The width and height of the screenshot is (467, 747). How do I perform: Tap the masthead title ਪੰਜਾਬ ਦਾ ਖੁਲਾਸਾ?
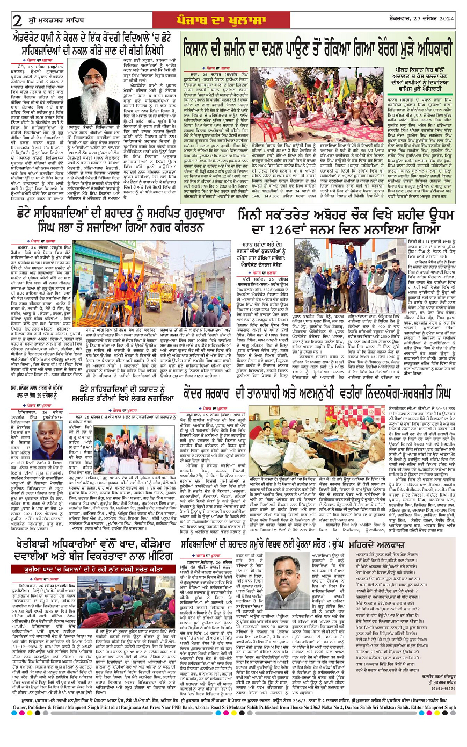tap(235, 20)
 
